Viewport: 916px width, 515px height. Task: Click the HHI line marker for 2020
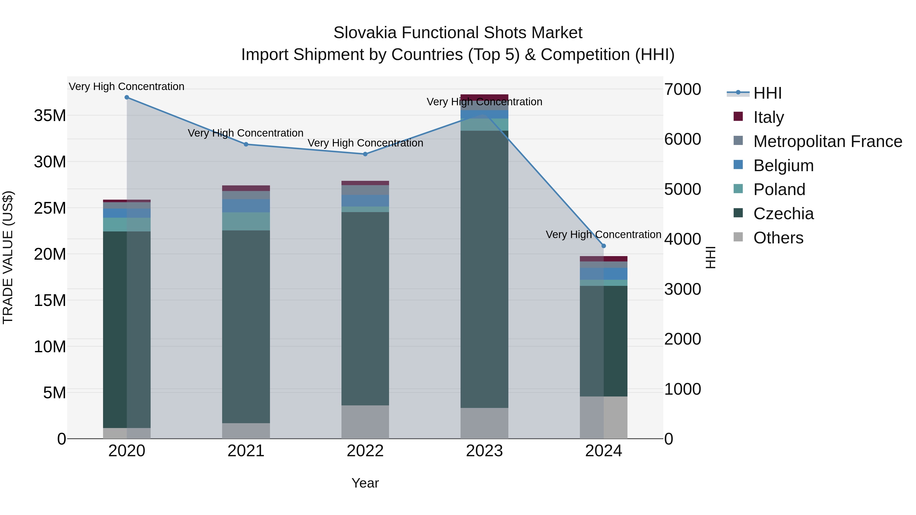127,97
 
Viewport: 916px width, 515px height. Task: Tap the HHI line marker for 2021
246,144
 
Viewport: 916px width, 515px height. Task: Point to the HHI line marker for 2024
604,246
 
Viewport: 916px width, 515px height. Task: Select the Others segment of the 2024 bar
604,417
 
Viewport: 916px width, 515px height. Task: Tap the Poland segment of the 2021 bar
246,222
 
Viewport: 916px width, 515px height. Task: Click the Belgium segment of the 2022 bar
365,201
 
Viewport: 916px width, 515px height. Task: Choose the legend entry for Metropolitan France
827,141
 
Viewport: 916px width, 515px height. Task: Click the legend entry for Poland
779,189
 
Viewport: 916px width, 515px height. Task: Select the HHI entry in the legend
767,93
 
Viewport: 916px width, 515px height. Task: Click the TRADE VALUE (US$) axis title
8,257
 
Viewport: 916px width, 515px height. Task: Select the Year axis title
365,483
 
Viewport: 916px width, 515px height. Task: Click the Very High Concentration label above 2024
604,234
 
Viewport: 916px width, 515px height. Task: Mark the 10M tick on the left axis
50,347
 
